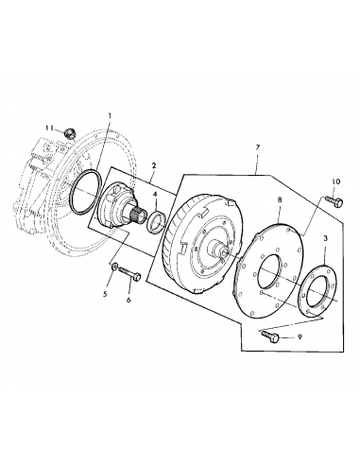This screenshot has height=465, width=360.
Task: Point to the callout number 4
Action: [156, 197]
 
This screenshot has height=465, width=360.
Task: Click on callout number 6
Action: [129, 300]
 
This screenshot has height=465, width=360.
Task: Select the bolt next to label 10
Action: [328, 201]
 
